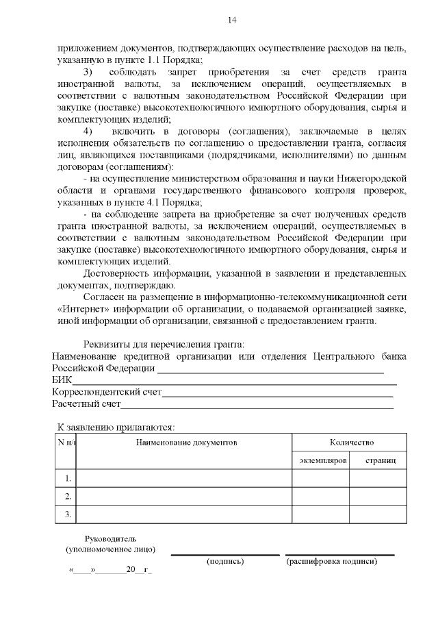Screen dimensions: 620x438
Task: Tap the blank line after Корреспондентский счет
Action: tap(277, 395)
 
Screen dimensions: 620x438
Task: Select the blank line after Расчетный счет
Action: tap(257, 407)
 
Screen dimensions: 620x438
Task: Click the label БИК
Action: tap(62, 380)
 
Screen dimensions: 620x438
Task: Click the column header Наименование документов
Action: tap(186, 443)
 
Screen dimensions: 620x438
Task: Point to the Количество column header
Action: tap(351, 443)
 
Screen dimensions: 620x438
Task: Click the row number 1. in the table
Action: tap(67, 478)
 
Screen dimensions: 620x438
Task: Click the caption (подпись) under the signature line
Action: tap(224, 562)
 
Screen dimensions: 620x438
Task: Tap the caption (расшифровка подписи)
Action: tap(331, 562)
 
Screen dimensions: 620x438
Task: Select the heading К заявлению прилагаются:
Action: tap(116, 427)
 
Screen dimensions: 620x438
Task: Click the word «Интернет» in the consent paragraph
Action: tap(75, 309)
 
